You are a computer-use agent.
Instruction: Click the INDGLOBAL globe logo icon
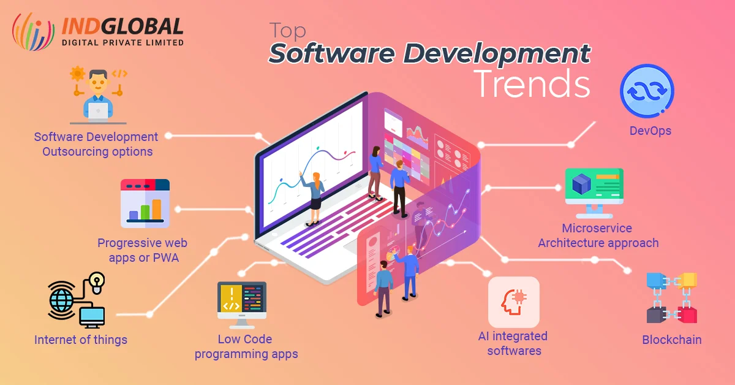[x=34, y=32]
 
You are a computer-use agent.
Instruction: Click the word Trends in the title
[x=532, y=84]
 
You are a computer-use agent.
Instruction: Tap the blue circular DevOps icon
[x=647, y=91]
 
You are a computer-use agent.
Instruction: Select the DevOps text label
[x=650, y=131]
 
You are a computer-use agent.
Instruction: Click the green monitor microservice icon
[x=594, y=191]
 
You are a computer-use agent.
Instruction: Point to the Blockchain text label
[x=671, y=340]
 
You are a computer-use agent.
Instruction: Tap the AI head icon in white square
[x=513, y=302]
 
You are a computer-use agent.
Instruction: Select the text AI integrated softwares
[x=513, y=343]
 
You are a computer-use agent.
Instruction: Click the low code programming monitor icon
[x=241, y=304]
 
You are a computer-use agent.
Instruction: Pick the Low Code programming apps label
[x=246, y=346]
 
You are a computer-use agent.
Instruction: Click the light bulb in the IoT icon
[x=97, y=281]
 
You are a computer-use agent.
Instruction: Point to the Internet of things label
[x=81, y=340]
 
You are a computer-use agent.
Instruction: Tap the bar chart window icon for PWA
[x=145, y=203]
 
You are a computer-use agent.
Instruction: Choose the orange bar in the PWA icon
[x=157, y=209]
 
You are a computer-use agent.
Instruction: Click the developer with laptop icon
[x=98, y=95]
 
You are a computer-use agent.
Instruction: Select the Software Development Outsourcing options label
[x=96, y=144]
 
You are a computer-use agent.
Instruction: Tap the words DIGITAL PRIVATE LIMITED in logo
[x=123, y=42]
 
